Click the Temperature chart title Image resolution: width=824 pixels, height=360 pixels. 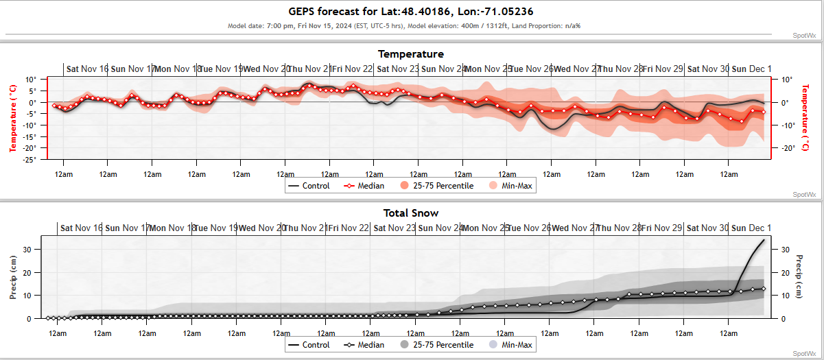coord(411,54)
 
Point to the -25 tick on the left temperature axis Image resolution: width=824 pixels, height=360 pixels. coord(30,159)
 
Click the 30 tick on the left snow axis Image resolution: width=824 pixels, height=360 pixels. coord(28,250)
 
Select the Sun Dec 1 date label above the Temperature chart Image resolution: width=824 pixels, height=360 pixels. coord(751,69)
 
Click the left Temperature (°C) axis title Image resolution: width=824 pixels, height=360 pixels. coord(12,117)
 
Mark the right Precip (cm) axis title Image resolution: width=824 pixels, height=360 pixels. coord(799,277)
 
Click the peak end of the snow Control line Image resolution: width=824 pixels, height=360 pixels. coord(764,240)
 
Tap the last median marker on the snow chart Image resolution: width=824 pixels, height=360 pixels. coord(764,289)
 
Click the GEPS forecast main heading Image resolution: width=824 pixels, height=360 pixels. coord(411,12)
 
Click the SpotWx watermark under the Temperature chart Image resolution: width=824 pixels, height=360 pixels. coord(804,195)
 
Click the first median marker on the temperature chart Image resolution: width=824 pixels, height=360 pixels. coord(54,105)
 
